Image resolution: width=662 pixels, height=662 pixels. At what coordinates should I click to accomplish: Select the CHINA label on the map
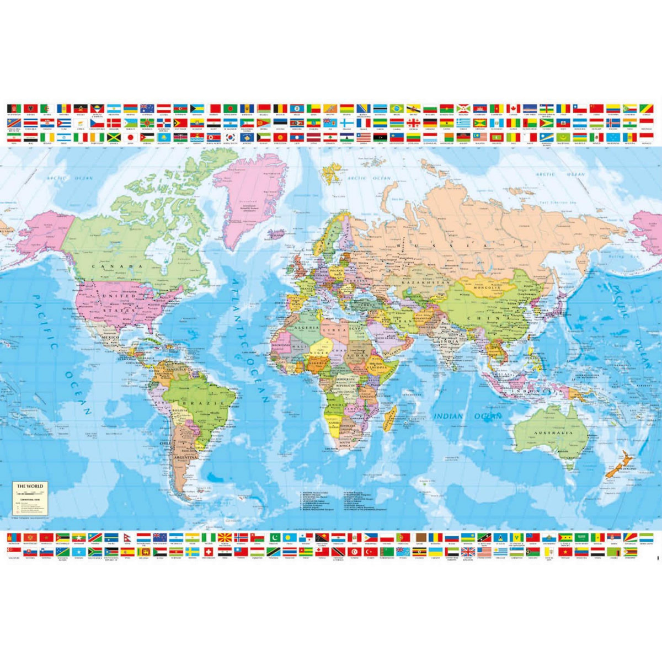click(x=495, y=318)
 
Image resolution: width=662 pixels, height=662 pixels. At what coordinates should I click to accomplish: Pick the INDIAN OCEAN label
click(x=467, y=417)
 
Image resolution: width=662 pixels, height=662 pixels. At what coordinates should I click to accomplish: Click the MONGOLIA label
click(x=485, y=287)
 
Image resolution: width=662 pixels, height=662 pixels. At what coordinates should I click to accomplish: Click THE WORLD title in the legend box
click(x=29, y=486)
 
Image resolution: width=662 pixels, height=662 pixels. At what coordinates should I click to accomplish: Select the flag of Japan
click(x=131, y=136)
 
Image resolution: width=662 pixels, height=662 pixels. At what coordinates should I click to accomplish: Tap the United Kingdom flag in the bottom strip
click(x=468, y=551)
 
